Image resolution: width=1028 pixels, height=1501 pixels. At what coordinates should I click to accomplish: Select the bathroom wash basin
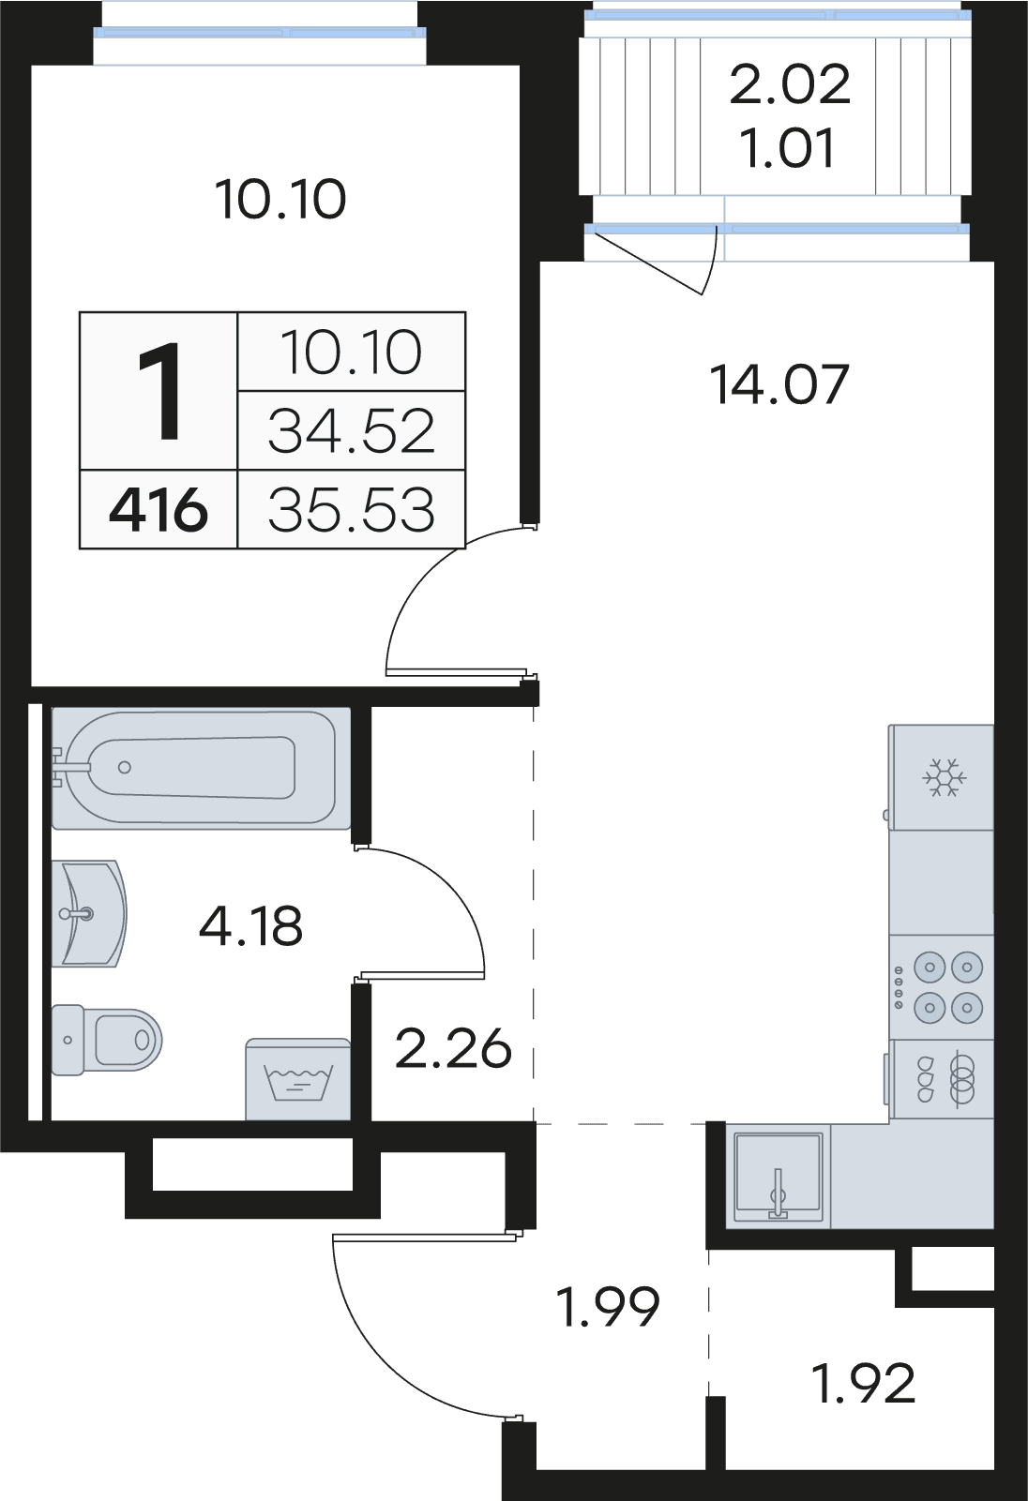89,913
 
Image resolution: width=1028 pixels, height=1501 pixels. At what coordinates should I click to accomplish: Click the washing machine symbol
298,1080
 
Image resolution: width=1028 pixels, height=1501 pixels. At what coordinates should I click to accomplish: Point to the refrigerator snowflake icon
944,778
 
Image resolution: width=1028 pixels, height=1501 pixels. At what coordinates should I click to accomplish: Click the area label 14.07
779,384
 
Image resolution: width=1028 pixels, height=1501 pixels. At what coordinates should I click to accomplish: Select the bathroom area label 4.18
250,926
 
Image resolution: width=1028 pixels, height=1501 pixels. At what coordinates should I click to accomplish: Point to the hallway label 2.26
453,1048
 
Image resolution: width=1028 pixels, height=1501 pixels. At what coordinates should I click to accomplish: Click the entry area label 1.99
608,1306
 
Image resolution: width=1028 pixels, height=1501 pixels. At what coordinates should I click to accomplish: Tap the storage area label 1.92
863,1384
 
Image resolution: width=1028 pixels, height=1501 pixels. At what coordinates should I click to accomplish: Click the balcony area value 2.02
790,84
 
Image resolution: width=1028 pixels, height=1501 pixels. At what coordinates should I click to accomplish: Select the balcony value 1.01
788,149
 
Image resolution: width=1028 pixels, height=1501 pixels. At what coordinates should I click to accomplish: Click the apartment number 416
159,510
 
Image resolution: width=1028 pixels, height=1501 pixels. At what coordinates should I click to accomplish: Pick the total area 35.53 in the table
352,510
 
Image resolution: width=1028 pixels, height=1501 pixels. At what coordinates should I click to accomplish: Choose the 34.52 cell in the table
352,431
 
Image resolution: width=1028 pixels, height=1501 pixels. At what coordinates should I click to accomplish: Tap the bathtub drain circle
125,768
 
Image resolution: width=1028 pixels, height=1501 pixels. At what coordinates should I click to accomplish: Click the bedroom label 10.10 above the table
280,200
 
